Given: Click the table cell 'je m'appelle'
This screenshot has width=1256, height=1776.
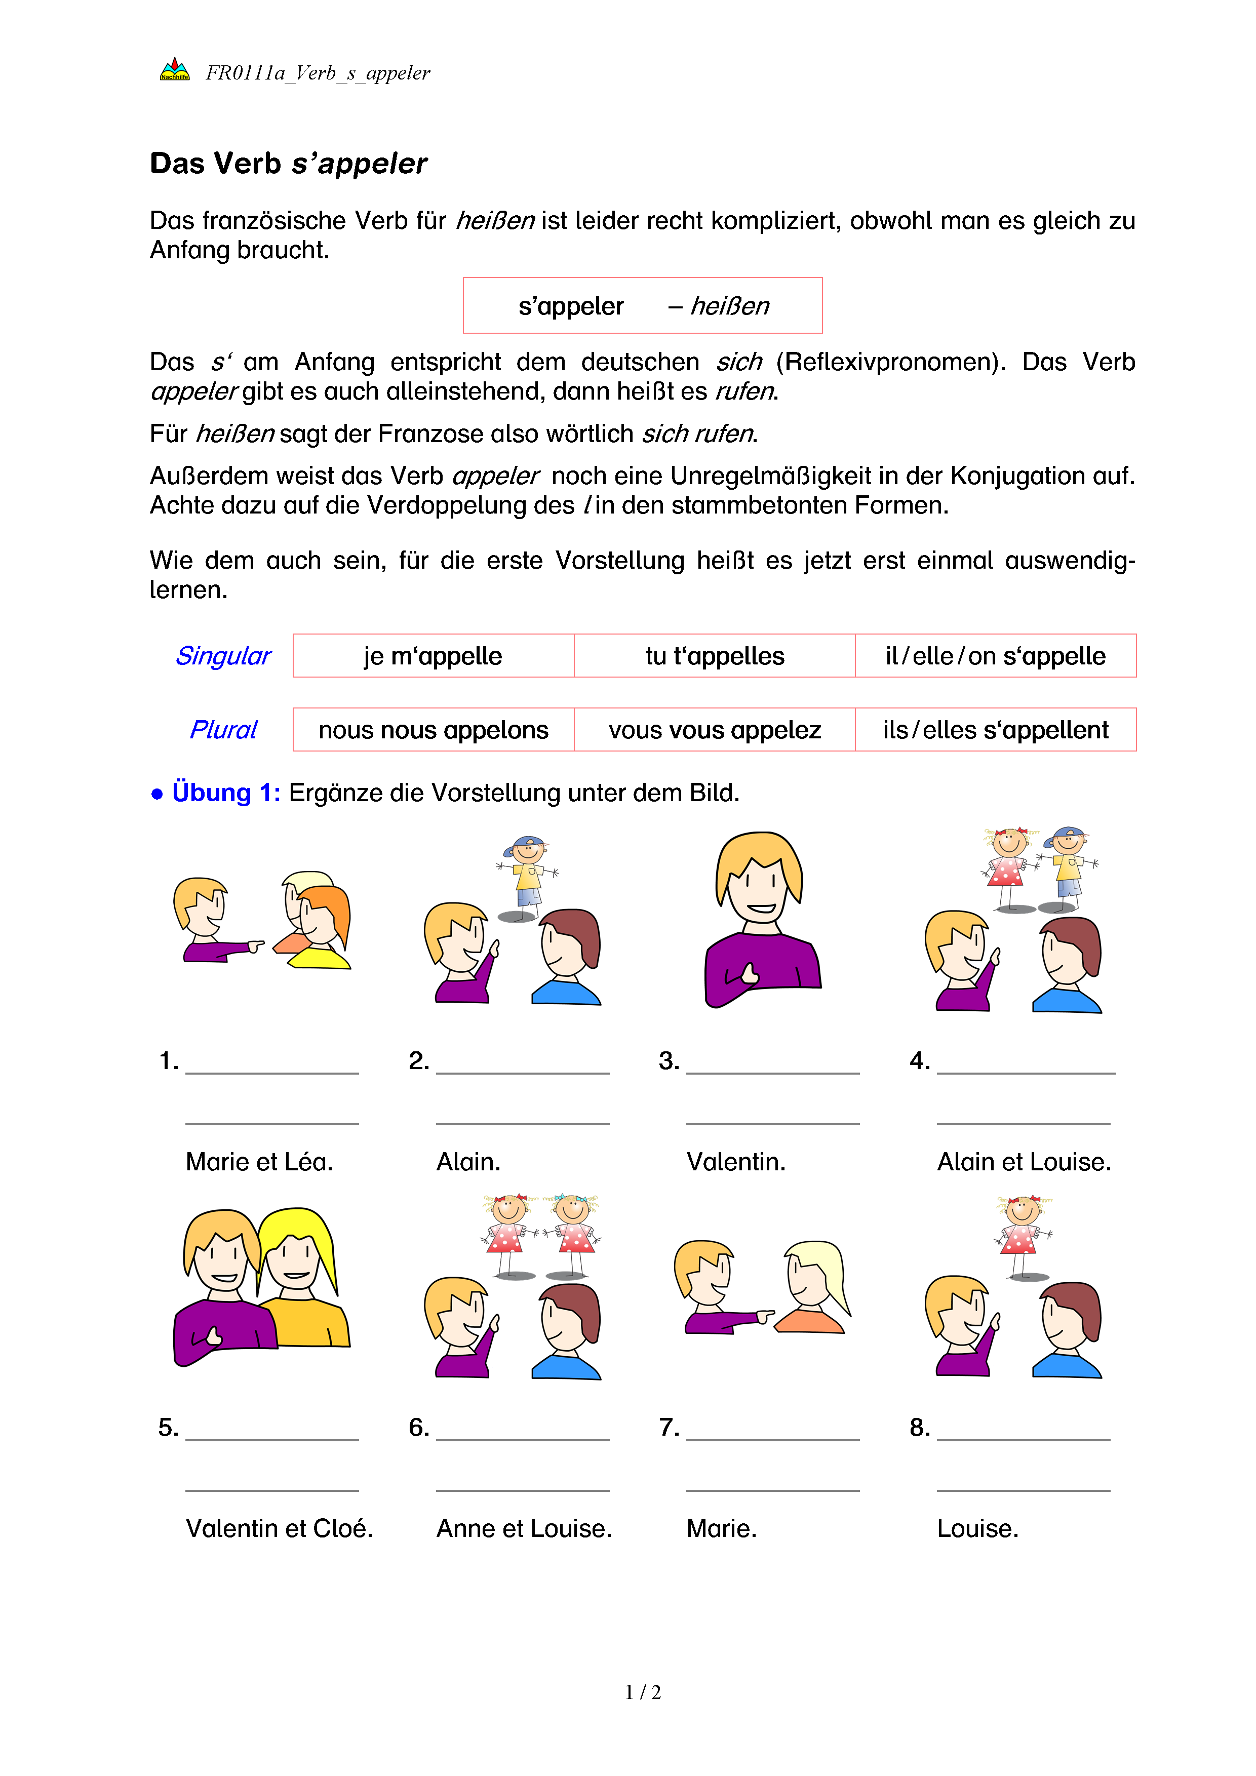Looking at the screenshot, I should [433, 656].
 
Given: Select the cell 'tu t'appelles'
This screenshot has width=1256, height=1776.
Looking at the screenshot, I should [715, 656].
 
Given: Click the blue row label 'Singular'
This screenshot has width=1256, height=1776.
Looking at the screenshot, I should [223, 656].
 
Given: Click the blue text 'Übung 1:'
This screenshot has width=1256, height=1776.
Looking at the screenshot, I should [226, 793].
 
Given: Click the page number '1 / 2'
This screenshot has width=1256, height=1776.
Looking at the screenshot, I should [643, 1692].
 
